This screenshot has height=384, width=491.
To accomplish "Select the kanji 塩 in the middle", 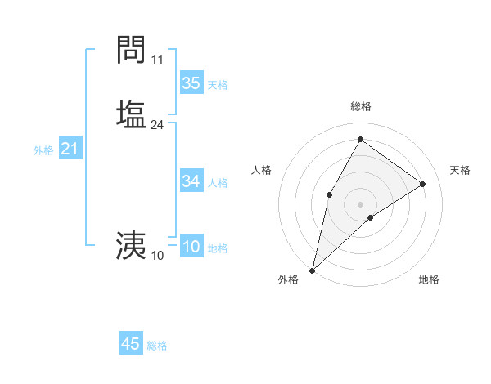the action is point(131,113).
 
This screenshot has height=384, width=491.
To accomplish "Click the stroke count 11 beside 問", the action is point(158,60).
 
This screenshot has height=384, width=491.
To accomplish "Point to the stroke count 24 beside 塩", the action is point(158,125).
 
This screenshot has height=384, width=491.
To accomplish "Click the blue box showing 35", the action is point(191,83).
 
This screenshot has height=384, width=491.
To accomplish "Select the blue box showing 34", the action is point(191,181).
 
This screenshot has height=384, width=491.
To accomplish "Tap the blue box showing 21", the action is point(70,149).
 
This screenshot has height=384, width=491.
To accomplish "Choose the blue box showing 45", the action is point(131,344).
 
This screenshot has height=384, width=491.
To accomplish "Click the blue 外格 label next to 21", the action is point(43,150).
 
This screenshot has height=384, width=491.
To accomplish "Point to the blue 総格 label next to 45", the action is point(157,346).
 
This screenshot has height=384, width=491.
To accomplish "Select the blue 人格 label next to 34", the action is point(218,183).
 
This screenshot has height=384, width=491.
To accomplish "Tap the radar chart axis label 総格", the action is point(360,106).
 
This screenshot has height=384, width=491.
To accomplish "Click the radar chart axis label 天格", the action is point(461,170).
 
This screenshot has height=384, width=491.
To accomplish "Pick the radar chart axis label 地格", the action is point(429,279).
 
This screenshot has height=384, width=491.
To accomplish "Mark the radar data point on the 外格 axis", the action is point(313,270).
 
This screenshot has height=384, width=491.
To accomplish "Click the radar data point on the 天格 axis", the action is point(423,184).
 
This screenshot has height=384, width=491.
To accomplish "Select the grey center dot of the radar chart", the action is point(360,203).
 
